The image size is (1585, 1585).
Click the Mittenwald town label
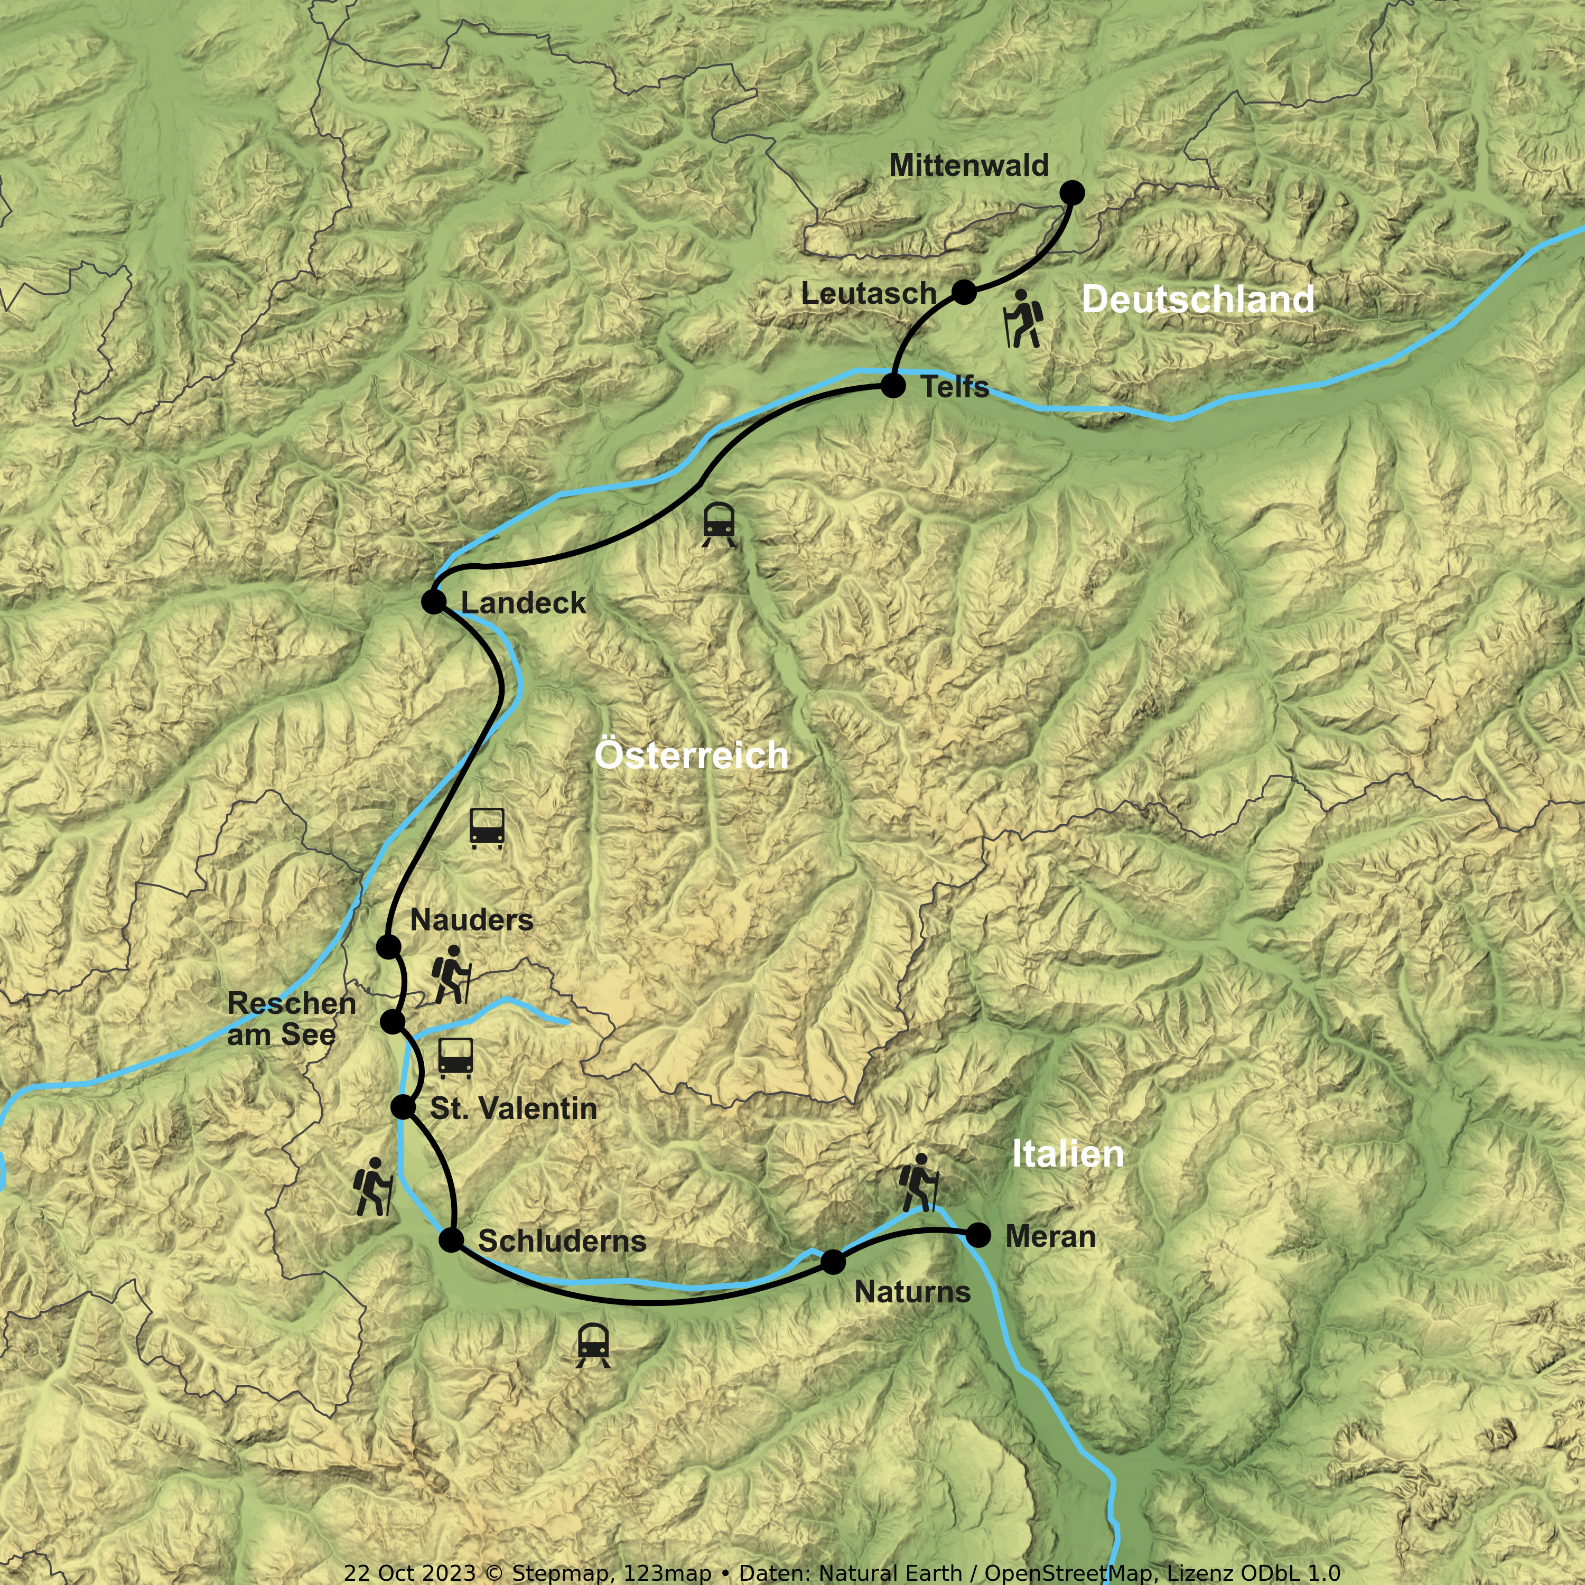pyautogui.click(x=969, y=166)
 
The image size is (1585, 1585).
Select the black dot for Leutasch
pyautogui.click(x=965, y=291)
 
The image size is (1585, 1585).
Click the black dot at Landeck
pyautogui.click(x=433, y=601)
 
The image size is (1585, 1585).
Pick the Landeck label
pyautogui.click(x=524, y=603)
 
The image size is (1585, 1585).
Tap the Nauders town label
pyautogui.click(x=472, y=920)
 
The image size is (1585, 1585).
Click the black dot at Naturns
pyautogui.click(x=833, y=1262)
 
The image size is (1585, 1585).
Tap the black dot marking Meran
pyautogui.click(x=978, y=1235)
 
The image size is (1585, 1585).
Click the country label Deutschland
pyautogui.click(x=1198, y=300)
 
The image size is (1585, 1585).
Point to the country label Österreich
pyautogui.click(x=692, y=756)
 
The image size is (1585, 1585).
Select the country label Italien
pyautogui.click(x=1067, y=1154)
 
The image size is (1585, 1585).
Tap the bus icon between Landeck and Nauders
pyautogui.click(x=487, y=828)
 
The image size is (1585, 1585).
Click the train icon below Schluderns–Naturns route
pyautogui.click(x=593, y=1346)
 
